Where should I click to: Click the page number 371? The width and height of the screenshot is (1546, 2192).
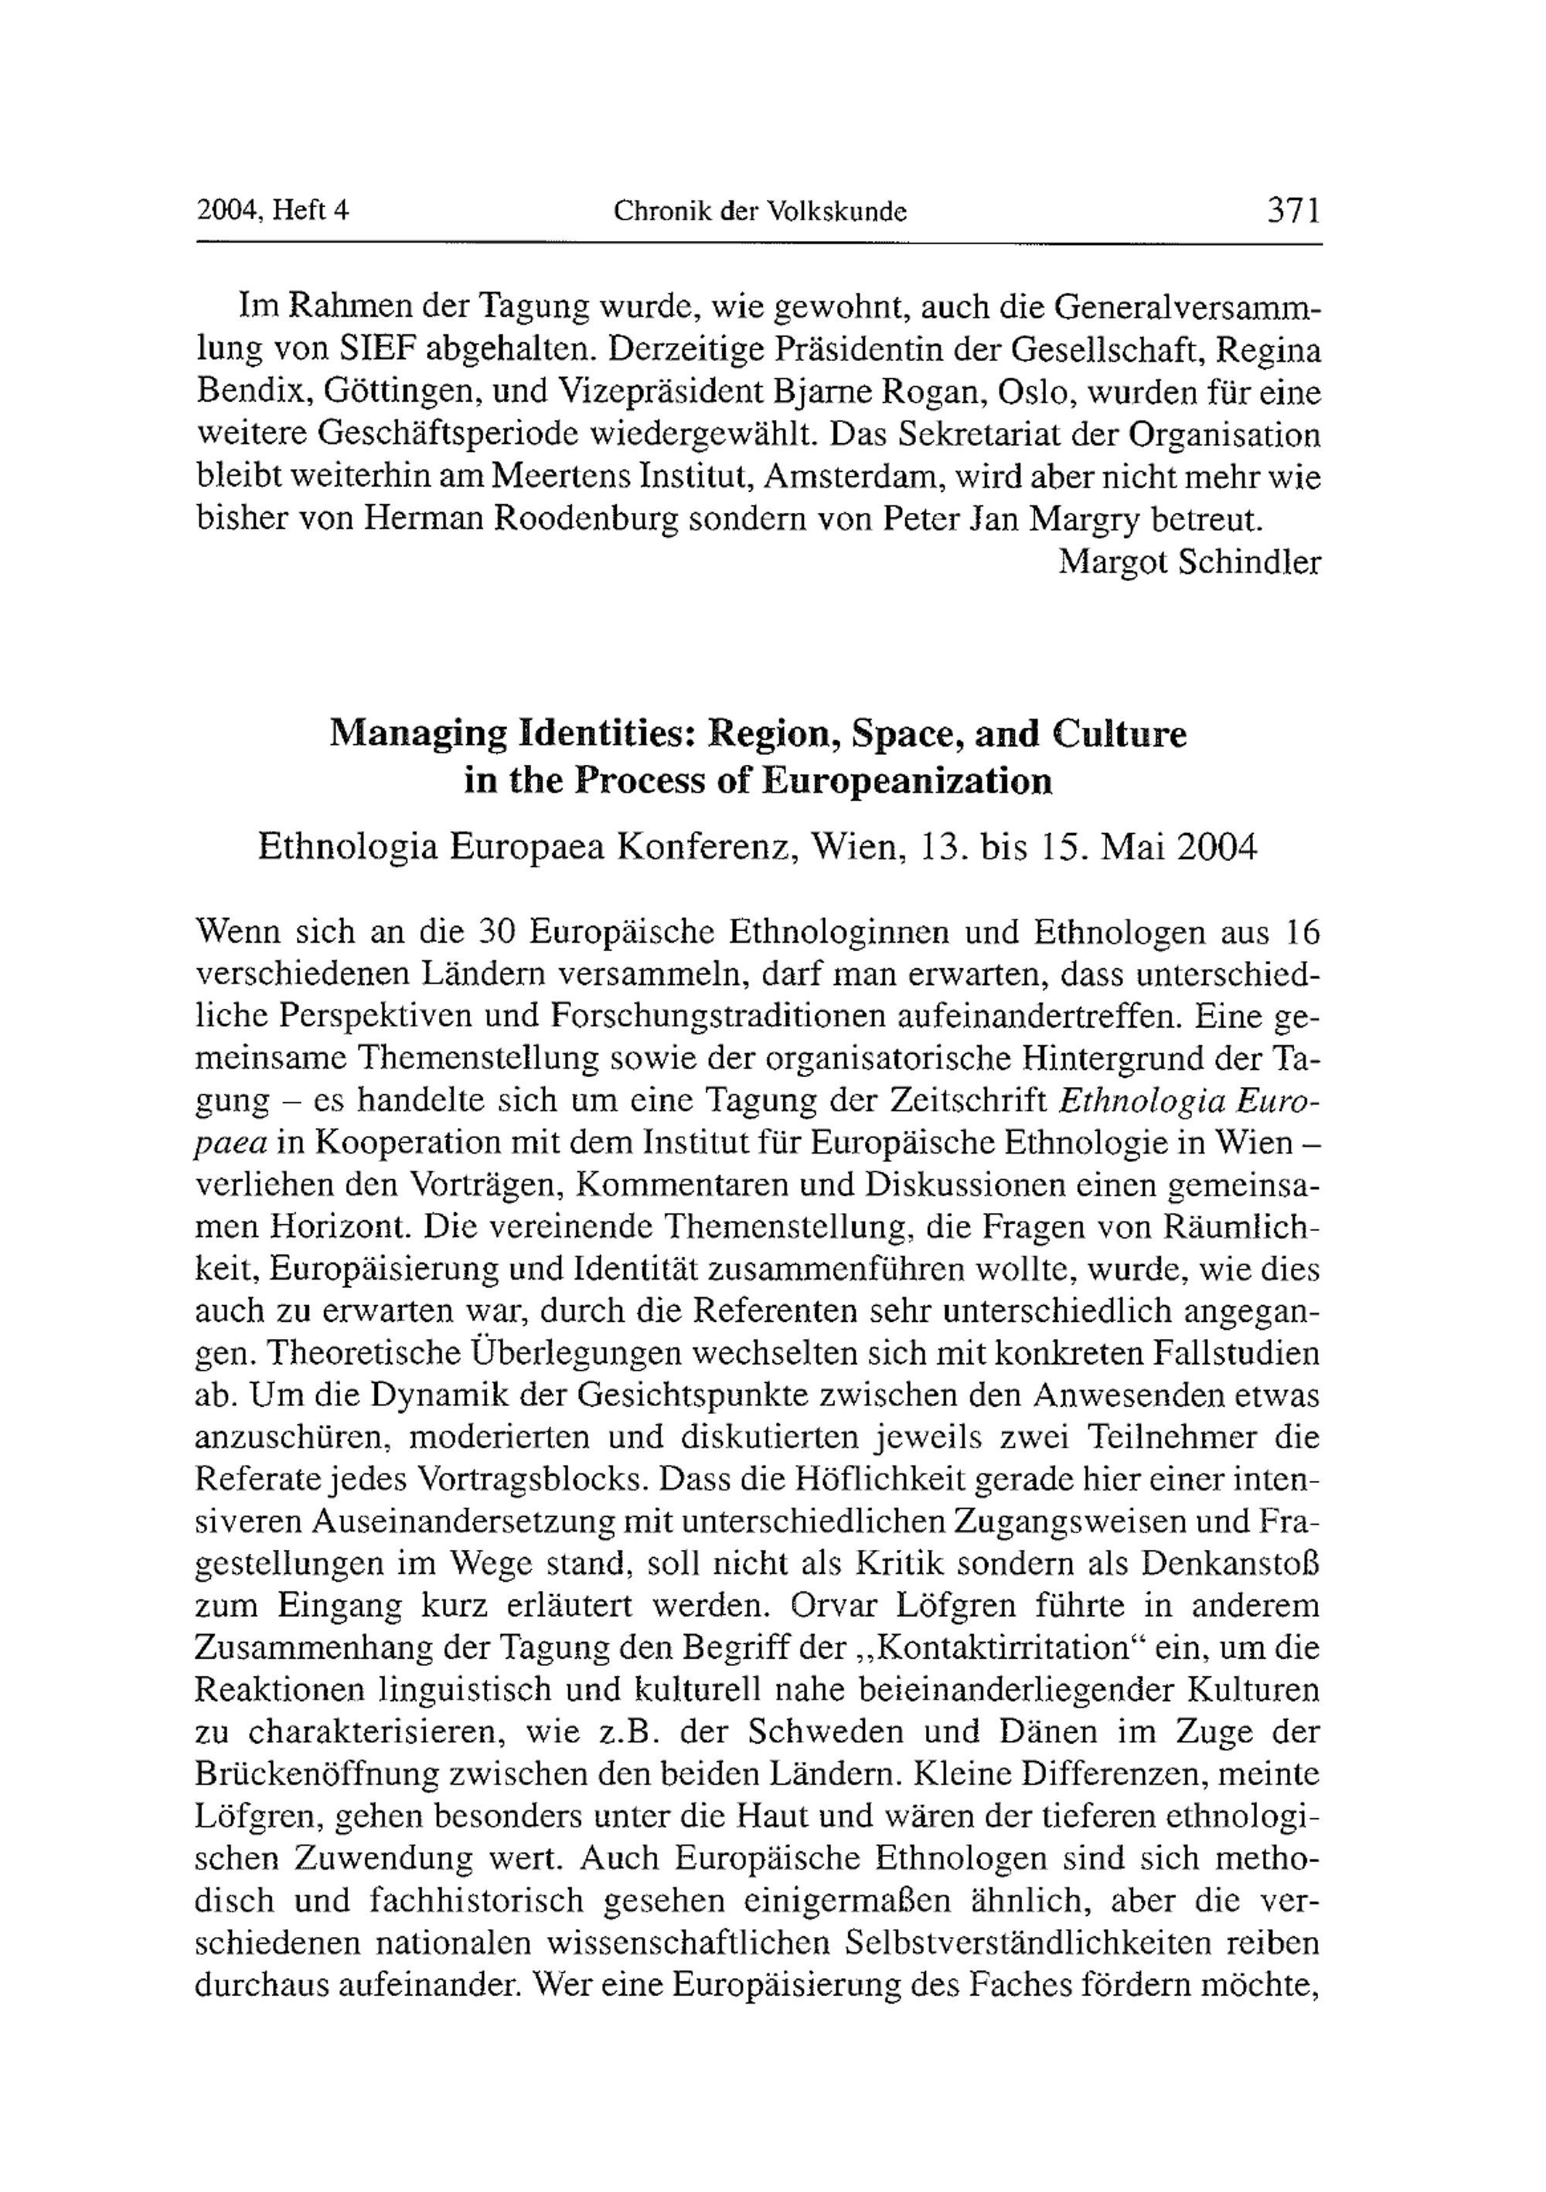1293,210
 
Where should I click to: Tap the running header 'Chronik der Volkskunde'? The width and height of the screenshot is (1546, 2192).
759,212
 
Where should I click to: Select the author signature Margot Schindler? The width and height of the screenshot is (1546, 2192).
1189,562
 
